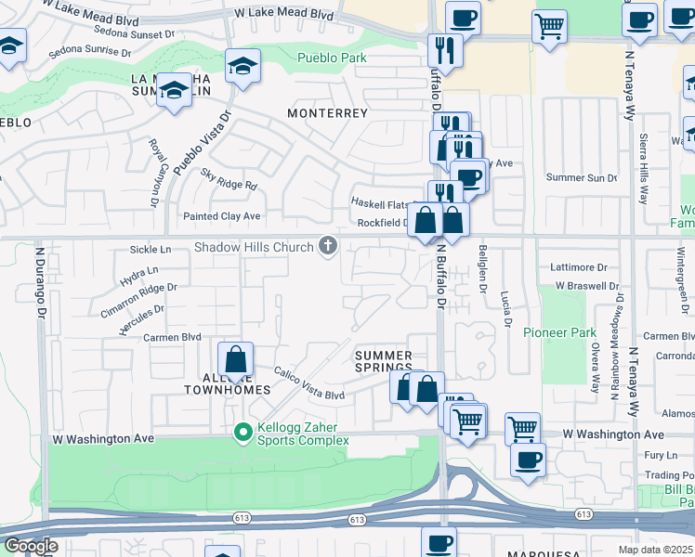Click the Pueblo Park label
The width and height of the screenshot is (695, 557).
pyautogui.click(x=332, y=58)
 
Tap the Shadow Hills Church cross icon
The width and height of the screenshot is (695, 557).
pyautogui.click(x=327, y=246)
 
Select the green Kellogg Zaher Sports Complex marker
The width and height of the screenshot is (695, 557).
pyautogui.click(x=243, y=432)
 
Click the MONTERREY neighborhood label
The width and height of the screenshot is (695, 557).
pyautogui.click(x=328, y=113)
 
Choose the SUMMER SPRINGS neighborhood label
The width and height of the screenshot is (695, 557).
pyautogui.click(x=384, y=362)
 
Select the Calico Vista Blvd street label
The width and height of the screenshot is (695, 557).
pyautogui.click(x=308, y=383)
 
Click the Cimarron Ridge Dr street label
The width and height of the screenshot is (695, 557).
pyautogui.click(x=138, y=299)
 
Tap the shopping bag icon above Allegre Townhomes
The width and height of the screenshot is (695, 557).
pyautogui.click(x=236, y=360)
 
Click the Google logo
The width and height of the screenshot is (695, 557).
pyautogui.click(x=31, y=546)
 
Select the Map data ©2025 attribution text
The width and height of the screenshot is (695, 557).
pyautogui.click(x=656, y=550)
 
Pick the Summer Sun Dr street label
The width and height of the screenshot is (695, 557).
pyautogui.click(x=581, y=177)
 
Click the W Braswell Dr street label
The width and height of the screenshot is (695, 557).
pyautogui.click(x=583, y=287)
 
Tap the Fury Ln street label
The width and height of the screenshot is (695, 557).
pyautogui.click(x=661, y=455)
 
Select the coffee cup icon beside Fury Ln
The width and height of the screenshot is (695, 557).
pyautogui.click(x=528, y=460)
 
